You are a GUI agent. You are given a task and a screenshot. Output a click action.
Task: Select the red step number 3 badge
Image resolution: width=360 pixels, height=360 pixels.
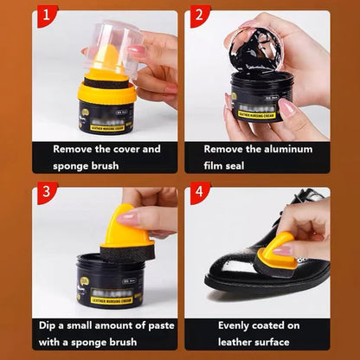42,193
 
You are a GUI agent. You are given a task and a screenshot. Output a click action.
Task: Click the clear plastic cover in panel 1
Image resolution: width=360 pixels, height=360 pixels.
112,43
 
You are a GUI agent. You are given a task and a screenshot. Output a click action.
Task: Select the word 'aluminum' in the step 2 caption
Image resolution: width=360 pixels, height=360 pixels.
287,149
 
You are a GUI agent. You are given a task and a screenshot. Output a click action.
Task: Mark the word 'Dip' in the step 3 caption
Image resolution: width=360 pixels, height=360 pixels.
50,325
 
